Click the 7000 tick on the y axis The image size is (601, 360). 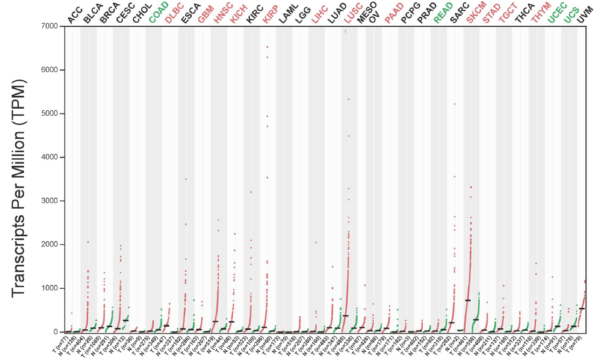pos(48,26)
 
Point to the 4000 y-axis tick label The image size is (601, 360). pos(48,157)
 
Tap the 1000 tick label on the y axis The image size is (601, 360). pos(48,288)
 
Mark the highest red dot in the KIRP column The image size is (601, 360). pos(267,47)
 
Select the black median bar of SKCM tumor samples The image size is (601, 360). pos(468,300)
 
